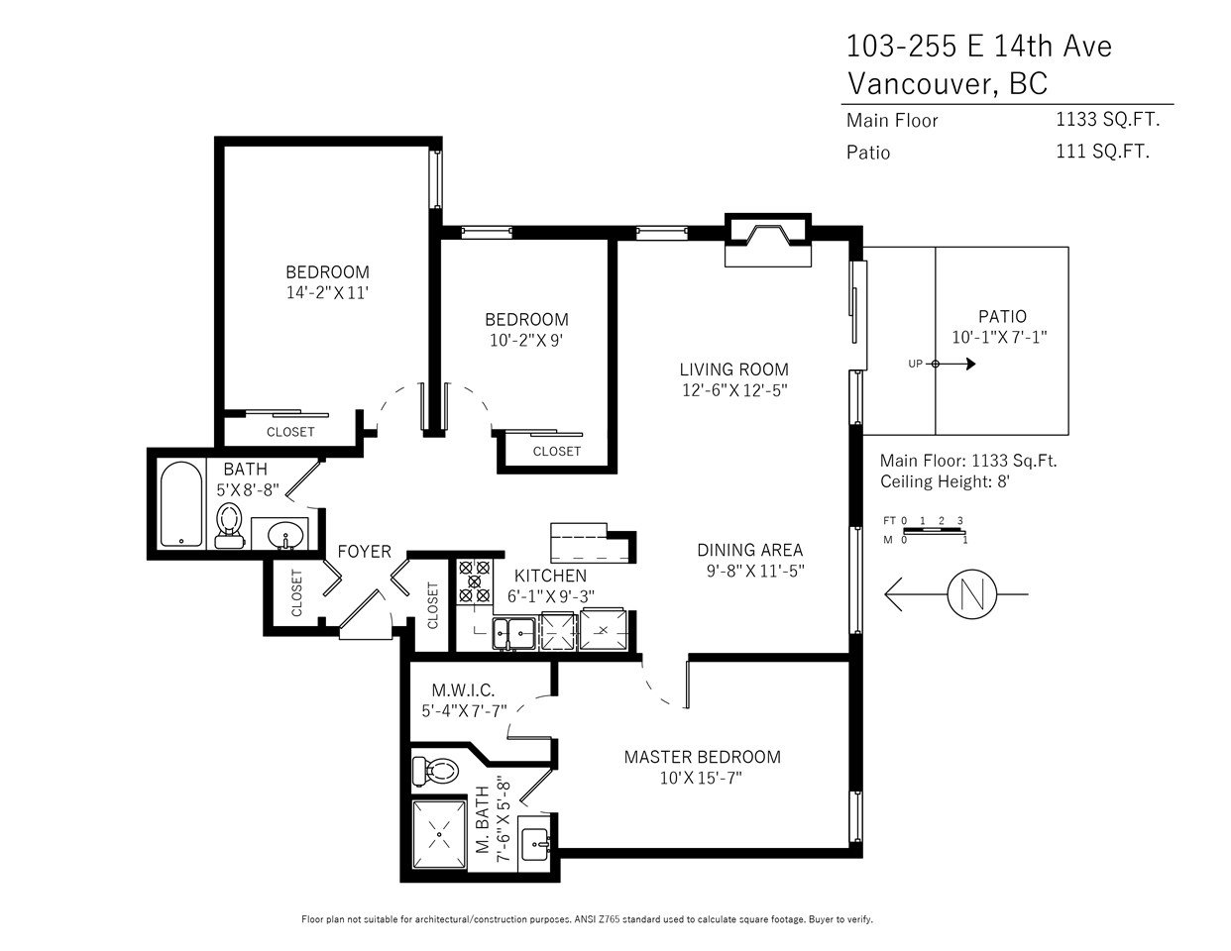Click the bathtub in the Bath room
click(181, 504)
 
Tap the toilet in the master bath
click(435, 771)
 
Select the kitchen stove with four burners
click(475, 581)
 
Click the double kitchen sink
click(513, 633)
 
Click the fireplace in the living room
click(768, 240)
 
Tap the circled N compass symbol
click(972, 594)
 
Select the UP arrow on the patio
click(951, 364)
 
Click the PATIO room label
click(1002, 316)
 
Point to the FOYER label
click(365, 552)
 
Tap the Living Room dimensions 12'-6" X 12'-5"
click(734, 390)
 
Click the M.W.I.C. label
click(463, 690)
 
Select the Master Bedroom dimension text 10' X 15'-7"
click(701, 779)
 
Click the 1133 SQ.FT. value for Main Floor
click(1107, 120)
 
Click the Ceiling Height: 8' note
click(945, 481)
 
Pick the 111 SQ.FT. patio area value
click(1102, 152)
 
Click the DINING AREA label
click(749, 550)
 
